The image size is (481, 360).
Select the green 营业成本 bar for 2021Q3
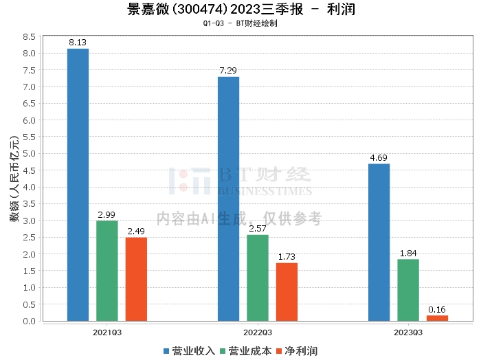tap(107, 271)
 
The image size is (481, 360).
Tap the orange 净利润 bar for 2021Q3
tap(136, 279)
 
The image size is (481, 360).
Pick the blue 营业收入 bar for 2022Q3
tap(229, 199)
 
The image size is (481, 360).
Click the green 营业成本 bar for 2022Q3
tap(258, 278)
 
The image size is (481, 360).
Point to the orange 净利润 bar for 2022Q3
tap(287, 292)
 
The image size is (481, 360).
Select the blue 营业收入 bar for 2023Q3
tap(379, 242)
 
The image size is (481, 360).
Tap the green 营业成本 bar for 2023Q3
tap(408, 290)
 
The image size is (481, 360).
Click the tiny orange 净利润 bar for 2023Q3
tap(437, 318)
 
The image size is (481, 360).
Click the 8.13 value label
tap(78, 43)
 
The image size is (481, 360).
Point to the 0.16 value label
tap(437, 309)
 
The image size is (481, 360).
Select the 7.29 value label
tap(228, 71)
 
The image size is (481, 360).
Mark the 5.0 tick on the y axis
tap(28, 153)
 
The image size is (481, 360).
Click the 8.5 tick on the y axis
tap(28, 36)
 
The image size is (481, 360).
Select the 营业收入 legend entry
tap(190, 350)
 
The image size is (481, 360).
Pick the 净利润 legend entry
tap(297, 350)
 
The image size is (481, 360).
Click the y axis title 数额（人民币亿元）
tap(13, 179)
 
